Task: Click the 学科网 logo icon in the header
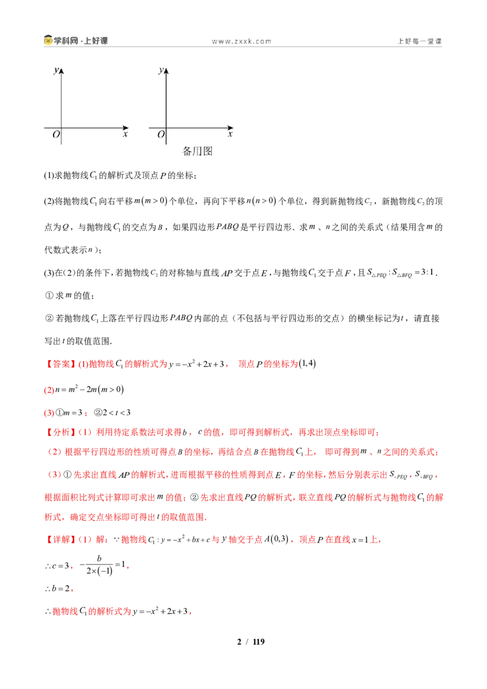click(x=48, y=40)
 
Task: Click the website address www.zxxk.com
click(x=241, y=41)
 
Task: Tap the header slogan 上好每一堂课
click(x=419, y=41)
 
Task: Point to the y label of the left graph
click(x=56, y=71)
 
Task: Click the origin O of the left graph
click(x=56, y=135)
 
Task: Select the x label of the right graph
click(x=230, y=134)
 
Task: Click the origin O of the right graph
click(x=161, y=135)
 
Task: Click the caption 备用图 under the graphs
click(x=197, y=151)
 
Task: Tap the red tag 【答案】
click(x=61, y=364)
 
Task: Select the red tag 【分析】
click(x=61, y=432)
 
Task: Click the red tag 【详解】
click(x=61, y=539)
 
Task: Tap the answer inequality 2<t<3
click(x=116, y=413)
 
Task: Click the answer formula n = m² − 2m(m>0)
click(x=89, y=390)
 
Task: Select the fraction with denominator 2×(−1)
click(x=99, y=565)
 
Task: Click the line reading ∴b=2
click(x=58, y=589)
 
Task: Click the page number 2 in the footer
click(x=239, y=642)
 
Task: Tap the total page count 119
click(x=259, y=642)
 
